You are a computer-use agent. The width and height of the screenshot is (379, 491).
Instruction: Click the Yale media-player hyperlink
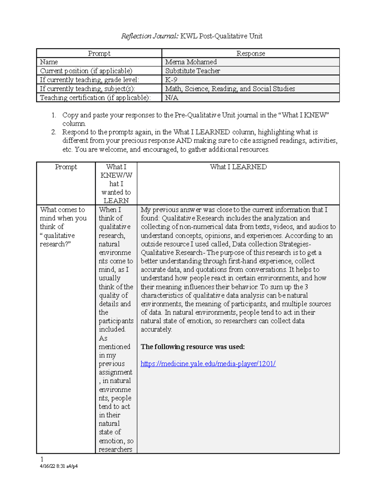208,364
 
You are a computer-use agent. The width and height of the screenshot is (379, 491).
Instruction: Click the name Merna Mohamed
191,62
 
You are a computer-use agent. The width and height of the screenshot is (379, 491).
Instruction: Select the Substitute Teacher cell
192,71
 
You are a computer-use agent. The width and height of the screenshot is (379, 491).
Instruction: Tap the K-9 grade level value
171,80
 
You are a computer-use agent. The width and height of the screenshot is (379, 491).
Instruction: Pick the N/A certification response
171,98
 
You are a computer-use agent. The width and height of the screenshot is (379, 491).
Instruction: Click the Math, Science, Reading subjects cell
230,89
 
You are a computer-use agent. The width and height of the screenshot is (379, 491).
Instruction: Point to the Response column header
250,53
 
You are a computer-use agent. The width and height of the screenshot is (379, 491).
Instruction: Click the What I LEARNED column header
238,167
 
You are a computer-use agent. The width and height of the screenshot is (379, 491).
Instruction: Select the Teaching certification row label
95,98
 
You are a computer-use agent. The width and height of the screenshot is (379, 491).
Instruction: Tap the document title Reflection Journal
192,36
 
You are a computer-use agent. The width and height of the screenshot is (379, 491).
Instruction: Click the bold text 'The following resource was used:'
193,347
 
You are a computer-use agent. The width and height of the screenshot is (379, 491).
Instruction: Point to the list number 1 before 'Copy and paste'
54,115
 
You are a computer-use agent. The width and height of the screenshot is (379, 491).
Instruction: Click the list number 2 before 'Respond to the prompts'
54,132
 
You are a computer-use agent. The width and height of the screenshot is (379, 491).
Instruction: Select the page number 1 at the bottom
42,459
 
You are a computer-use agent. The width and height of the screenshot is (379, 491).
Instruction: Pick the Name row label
49,62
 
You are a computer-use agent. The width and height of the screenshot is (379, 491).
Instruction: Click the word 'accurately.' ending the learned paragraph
156,329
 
